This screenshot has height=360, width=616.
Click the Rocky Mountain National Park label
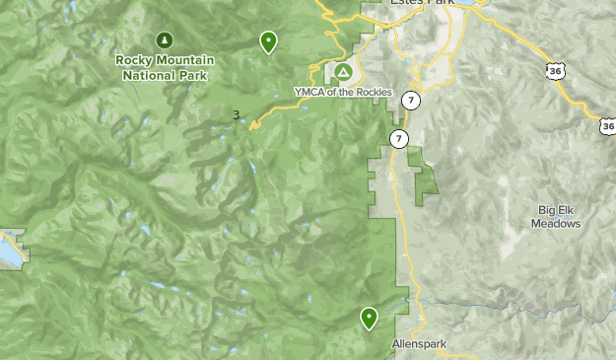coord(165,66)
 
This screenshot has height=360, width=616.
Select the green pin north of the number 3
coord(268,42)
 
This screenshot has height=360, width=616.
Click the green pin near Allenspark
coord(369,318)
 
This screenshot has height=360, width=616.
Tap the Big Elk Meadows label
coord(559,216)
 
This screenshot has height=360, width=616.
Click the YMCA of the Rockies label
coord(343,93)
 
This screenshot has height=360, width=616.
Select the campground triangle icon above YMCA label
coord(342,73)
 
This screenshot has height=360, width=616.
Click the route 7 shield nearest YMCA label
coord(411,101)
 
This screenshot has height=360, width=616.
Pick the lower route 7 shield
coord(397,138)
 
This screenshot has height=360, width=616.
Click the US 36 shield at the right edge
coord(607,125)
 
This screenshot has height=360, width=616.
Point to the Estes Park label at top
coord(424,4)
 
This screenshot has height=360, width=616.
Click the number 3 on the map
coord(236,115)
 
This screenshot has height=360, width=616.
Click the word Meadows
coord(559,223)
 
